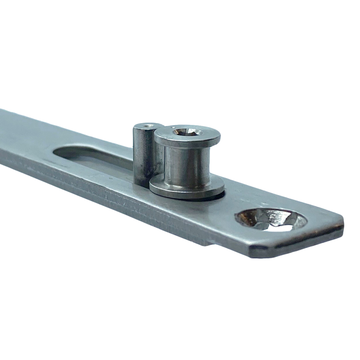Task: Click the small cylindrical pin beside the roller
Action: [x=143, y=151]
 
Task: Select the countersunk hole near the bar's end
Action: [x=270, y=220]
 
